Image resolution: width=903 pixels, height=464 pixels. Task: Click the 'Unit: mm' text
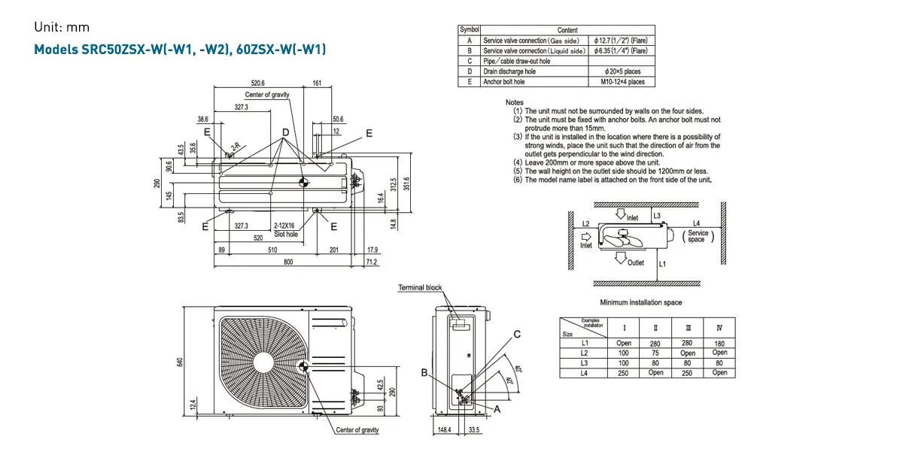62,27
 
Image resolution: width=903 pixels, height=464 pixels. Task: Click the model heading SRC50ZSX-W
180,50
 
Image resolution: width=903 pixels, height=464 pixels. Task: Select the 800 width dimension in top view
288,262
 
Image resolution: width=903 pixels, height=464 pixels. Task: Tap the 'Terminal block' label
420,288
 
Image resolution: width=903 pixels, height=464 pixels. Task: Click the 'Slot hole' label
285,234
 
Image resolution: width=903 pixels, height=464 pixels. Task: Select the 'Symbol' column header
469,29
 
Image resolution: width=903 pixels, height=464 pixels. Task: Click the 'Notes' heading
515,102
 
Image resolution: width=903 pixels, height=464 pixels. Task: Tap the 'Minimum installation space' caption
640,302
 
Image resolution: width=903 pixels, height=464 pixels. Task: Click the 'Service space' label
697,236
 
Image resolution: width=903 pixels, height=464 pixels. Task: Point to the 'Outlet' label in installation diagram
635,262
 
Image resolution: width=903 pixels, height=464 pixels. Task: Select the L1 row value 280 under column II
655,343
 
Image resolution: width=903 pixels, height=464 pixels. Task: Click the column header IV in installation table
719,327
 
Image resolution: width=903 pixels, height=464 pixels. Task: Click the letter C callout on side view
517,333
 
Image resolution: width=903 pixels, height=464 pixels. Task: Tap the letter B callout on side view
424,373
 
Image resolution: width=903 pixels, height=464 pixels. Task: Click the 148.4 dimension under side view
445,430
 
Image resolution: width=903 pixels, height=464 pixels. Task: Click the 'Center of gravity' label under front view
357,430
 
